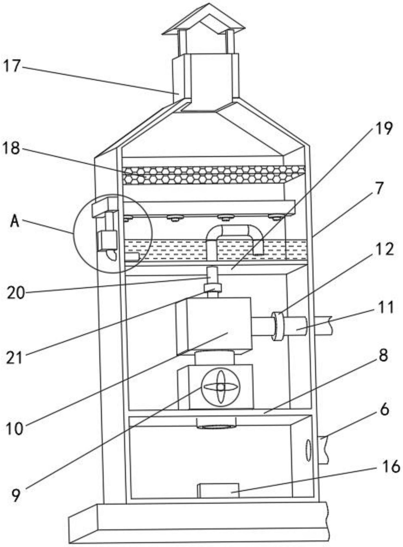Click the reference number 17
click(12, 66)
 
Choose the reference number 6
click(384, 410)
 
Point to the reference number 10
click(15, 429)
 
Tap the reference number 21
click(14, 358)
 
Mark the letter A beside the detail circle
click(15, 221)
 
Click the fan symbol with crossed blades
click(220, 387)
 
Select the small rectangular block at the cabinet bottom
click(218, 491)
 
